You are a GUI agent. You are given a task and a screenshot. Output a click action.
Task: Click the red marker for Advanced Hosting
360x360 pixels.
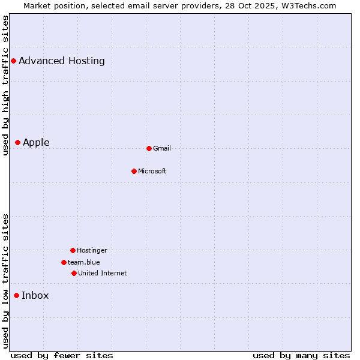(x=13, y=61)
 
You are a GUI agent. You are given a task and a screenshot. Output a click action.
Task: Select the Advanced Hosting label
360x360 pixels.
(x=62, y=61)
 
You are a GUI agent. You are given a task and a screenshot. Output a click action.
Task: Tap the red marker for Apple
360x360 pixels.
(x=17, y=142)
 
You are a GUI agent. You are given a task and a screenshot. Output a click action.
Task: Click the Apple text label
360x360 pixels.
(x=36, y=142)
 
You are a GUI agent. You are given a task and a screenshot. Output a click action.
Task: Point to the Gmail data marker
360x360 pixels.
(x=149, y=148)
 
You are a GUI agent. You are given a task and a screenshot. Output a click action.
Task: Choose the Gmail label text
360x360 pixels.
(x=162, y=148)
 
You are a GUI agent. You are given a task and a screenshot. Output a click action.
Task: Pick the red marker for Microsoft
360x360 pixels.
(x=134, y=171)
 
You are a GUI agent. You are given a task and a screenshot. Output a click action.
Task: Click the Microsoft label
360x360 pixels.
(x=152, y=171)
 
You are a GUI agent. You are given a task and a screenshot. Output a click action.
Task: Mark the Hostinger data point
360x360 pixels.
(x=73, y=250)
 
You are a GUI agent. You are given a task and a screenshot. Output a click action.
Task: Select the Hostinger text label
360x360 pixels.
(x=92, y=250)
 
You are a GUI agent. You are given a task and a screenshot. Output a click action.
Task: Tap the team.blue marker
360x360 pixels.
(x=64, y=262)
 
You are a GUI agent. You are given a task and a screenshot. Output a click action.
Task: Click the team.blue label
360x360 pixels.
(x=84, y=262)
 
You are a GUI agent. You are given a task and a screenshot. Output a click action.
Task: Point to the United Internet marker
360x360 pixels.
(x=74, y=273)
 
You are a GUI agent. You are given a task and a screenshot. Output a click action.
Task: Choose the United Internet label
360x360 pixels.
(x=103, y=273)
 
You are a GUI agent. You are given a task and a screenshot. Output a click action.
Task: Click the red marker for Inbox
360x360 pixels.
(x=16, y=295)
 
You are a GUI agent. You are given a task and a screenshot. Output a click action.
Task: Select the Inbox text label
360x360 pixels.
(x=35, y=295)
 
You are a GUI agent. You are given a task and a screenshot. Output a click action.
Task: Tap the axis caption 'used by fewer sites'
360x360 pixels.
(x=62, y=355)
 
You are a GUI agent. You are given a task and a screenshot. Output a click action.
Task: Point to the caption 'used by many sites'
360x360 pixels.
(x=301, y=355)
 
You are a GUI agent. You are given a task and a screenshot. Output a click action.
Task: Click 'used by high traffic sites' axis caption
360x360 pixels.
(x=5, y=86)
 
